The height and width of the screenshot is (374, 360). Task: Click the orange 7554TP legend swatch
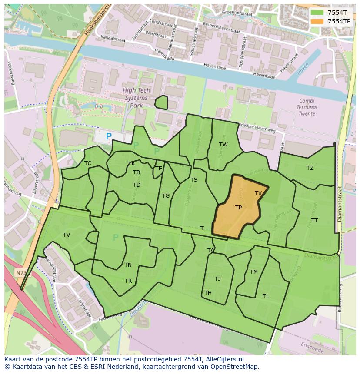(x=317, y=21)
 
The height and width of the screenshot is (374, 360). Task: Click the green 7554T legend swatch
(x=317, y=13)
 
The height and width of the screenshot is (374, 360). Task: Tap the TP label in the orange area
(x=238, y=208)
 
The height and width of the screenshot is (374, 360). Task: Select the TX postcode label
(x=258, y=193)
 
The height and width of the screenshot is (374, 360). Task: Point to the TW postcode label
(x=223, y=145)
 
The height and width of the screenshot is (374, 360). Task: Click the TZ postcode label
(x=310, y=168)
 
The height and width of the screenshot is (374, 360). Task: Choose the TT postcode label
(x=314, y=221)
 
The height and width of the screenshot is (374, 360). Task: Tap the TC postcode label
(x=88, y=163)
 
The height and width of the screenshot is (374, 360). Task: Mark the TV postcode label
(x=67, y=235)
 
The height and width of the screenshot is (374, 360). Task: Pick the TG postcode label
(x=166, y=196)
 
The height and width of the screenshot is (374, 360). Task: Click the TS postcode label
(x=194, y=180)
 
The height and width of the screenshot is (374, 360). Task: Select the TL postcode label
(x=266, y=296)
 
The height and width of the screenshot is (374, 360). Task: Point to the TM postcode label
(x=254, y=272)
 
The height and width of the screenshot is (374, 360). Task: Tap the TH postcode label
(x=208, y=293)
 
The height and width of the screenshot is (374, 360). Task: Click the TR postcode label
(x=128, y=281)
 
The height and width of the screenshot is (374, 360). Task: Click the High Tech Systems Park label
(x=136, y=98)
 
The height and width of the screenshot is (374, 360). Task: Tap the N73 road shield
(x=20, y=273)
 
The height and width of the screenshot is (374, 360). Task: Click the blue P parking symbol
(x=109, y=136)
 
